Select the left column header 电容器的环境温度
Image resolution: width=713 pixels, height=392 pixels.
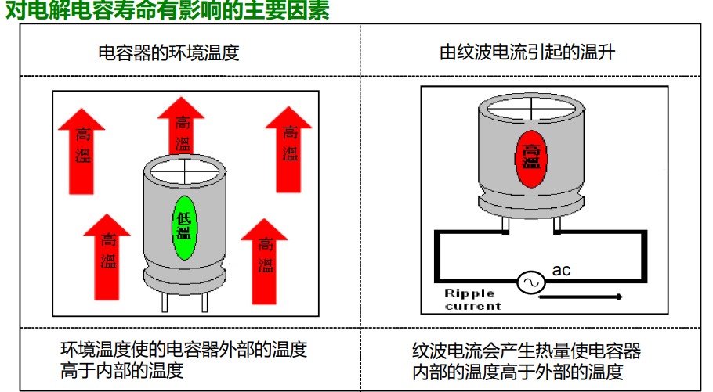click(x=168, y=53)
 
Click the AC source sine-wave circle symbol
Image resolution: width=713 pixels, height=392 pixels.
click(x=530, y=282)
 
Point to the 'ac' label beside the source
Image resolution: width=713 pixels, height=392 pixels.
click(x=561, y=271)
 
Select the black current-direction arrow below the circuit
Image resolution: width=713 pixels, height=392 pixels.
click(x=581, y=297)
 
